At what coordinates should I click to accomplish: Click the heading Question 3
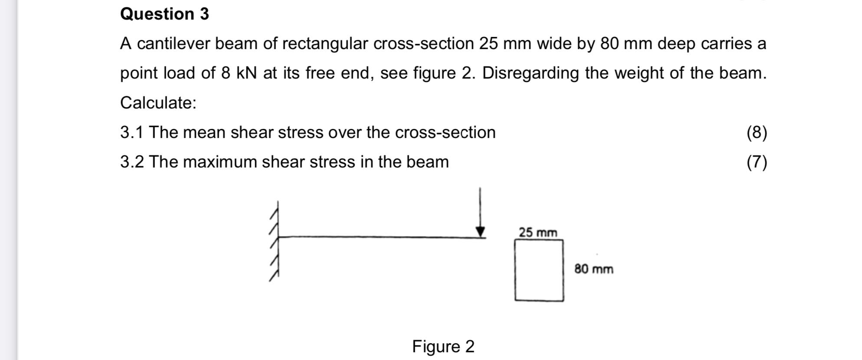point(164,14)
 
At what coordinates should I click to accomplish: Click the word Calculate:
point(158,103)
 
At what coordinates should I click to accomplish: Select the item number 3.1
point(131,133)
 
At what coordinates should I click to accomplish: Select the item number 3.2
point(131,162)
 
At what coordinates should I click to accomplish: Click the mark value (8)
point(757,133)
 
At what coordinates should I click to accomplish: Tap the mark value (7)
point(757,162)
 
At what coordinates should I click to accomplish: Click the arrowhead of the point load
point(480,232)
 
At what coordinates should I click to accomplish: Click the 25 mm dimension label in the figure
point(538,232)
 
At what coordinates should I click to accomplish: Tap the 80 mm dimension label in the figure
point(593,269)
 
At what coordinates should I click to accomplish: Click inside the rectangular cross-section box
point(539,270)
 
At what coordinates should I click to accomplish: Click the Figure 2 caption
point(443,347)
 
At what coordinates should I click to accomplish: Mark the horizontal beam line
point(377,237)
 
